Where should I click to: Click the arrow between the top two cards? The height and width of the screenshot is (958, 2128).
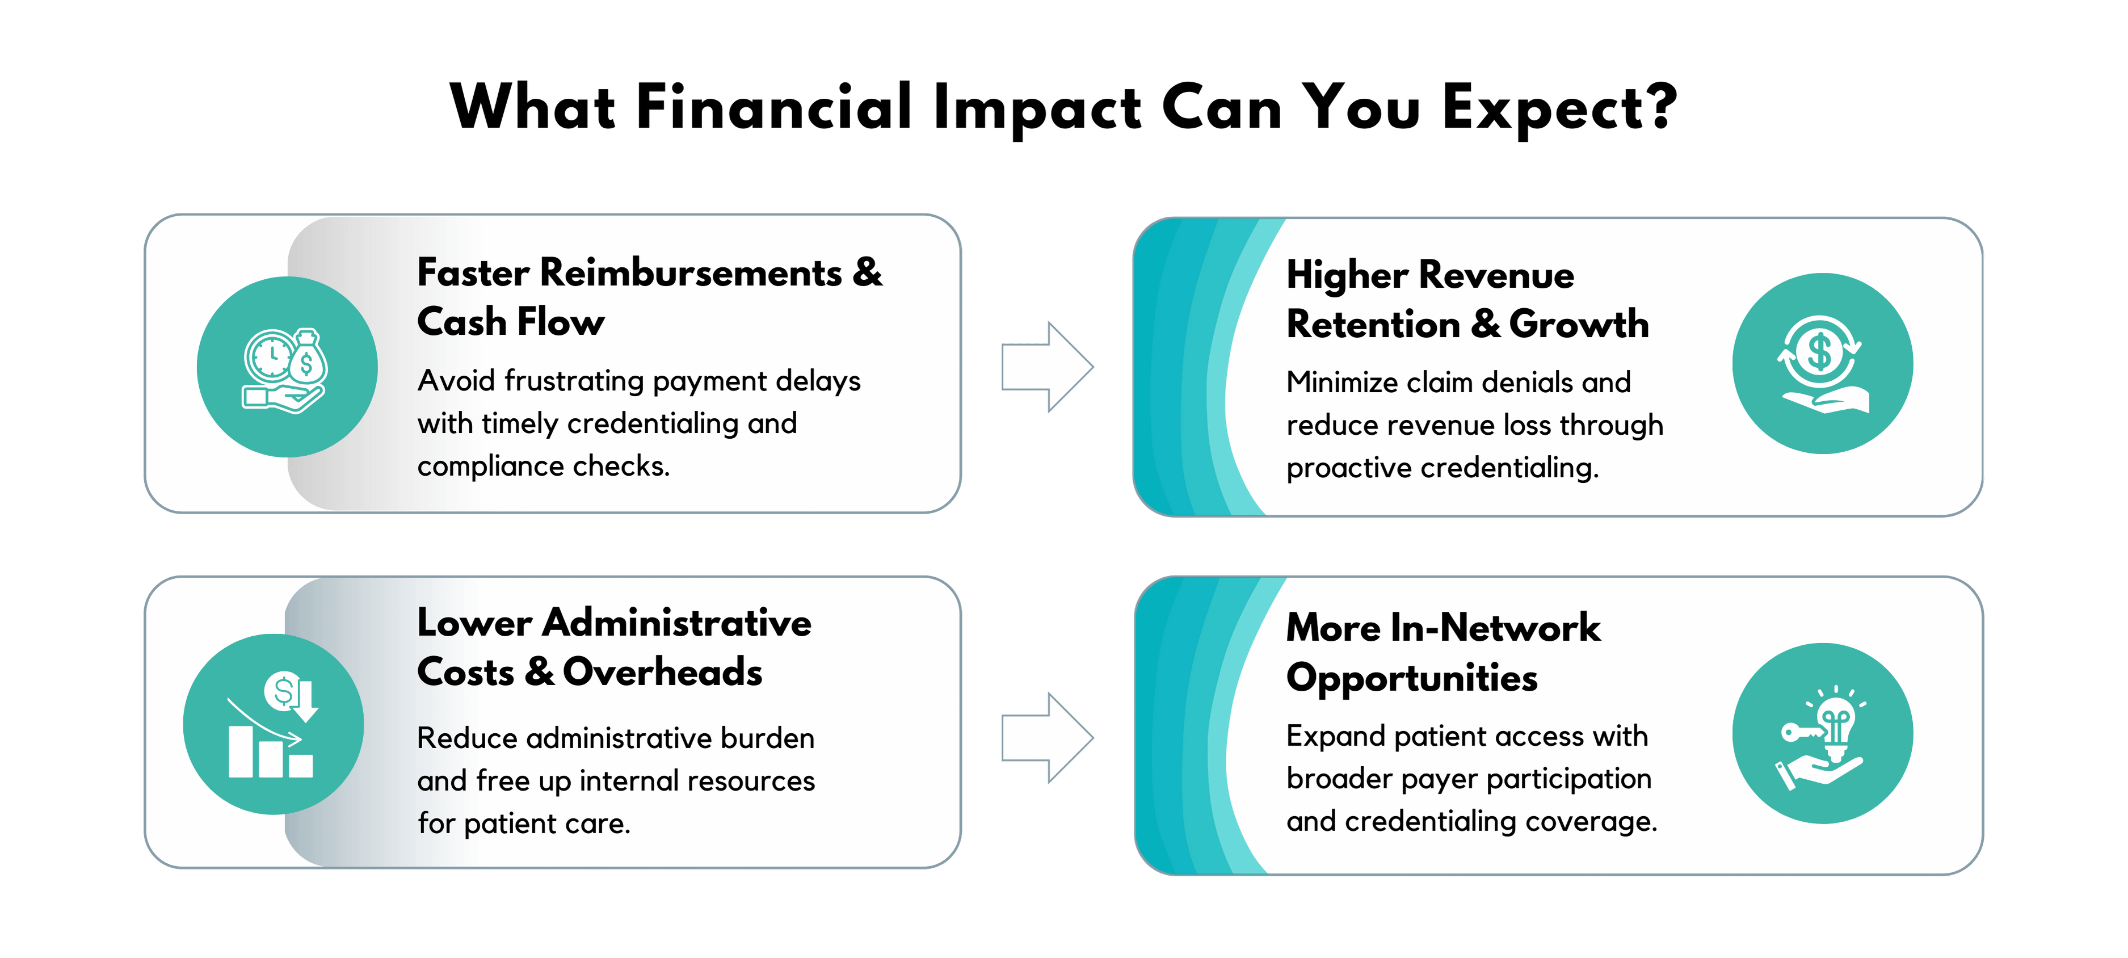[1046, 367]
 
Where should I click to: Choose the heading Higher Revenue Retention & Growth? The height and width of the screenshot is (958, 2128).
[1467, 299]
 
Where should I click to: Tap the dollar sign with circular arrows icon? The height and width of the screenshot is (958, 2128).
[1822, 363]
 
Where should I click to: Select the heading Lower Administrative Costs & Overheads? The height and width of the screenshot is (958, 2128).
[614, 646]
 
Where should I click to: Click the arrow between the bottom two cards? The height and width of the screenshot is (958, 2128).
[1046, 737]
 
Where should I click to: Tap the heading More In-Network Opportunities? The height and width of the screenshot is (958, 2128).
[1443, 653]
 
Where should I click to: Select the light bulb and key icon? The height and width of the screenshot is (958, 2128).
[1820, 737]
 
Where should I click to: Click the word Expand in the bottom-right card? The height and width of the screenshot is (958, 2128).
[1336, 736]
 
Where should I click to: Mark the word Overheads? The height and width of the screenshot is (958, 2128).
[663, 671]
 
